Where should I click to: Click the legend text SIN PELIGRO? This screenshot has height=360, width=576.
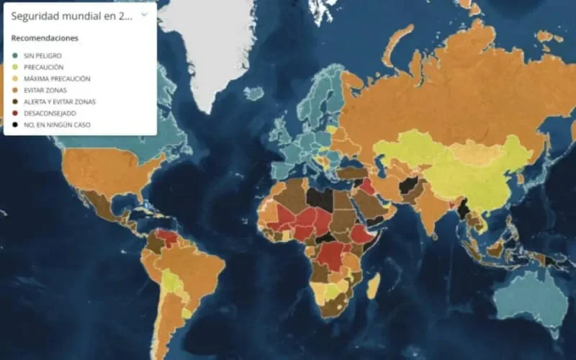click(x=42, y=55)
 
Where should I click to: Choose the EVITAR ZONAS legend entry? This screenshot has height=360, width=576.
click(x=45, y=90)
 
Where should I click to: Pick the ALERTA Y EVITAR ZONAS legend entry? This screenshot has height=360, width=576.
click(x=59, y=102)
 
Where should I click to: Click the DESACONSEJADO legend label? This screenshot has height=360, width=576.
click(x=50, y=113)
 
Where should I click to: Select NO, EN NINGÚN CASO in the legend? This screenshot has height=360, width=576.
click(x=57, y=125)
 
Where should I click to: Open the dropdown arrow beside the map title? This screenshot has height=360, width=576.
click(x=144, y=14)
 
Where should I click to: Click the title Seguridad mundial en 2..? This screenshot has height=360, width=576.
click(x=71, y=15)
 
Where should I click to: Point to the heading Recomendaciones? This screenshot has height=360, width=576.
click(x=45, y=37)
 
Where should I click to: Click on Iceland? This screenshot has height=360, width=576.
click(x=254, y=93)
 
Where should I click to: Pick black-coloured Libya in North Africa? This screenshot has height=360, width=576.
click(x=319, y=197)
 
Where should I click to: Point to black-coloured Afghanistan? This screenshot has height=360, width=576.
click(x=408, y=186)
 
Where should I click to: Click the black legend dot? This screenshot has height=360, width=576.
click(x=15, y=125)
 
